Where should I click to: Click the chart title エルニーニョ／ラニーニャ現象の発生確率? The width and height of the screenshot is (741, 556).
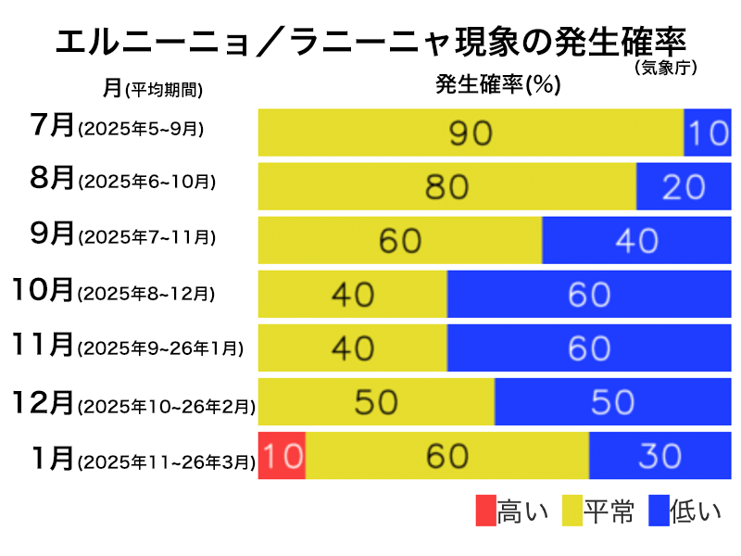coord(370,43)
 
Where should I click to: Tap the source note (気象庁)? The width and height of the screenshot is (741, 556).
coord(666,67)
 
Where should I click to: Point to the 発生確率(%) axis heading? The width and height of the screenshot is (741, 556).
coord(498,85)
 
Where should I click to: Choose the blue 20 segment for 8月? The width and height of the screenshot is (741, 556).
coord(684,186)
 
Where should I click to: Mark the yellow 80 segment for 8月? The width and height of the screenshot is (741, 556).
coord(447,186)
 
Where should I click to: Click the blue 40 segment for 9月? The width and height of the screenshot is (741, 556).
coord(636,240)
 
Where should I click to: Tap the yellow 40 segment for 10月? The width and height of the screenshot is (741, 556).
coord(352,294)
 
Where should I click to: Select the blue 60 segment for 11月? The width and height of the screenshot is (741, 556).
coord(589,347)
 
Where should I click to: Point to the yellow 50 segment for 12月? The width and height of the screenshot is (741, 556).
coord(376,401)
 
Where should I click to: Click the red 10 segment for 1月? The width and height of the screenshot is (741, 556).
coord(282,455)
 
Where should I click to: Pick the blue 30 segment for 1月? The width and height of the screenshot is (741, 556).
coord(659,455)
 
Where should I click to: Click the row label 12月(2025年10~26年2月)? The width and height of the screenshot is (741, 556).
coord(133,403)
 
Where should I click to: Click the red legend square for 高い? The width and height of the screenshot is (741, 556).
coord(486,511)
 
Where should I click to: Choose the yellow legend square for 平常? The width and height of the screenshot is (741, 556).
coord(570,511)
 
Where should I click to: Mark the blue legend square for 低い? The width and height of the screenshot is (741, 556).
coord(659,511)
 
